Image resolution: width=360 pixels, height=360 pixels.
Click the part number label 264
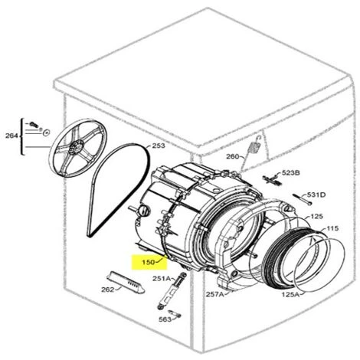(x=11, y=136)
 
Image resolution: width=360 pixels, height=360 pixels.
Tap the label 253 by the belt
(x=159, y=146)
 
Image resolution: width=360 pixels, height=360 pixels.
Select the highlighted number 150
(x=149, y=262)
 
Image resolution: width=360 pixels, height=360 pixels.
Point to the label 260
(x=233, y=156)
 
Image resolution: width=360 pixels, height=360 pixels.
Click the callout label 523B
(x=291, y=173)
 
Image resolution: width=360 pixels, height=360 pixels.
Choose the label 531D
(x=316, y=195)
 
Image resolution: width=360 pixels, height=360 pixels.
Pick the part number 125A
(x=290, y=294)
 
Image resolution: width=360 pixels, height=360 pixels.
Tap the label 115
(x=332, y=228)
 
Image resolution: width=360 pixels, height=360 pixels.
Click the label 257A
(x=214, y=294)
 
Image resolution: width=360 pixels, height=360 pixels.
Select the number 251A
(x=162, y=278)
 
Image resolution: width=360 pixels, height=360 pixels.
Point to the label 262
(x=108, y=290)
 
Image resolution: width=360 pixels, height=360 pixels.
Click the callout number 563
(x=165, y=319)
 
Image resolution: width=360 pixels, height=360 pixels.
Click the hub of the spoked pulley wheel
(x=76, y=148)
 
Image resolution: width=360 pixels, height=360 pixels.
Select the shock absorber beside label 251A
(x=171, y=292)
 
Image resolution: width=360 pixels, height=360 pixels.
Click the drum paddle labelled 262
(x=126, y=282)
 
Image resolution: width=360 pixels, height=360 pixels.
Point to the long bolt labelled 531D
(x=302, y=199)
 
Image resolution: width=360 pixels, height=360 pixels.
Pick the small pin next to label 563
(x=175, y=314)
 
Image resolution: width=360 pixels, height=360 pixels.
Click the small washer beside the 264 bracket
(x=47, y=133)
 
